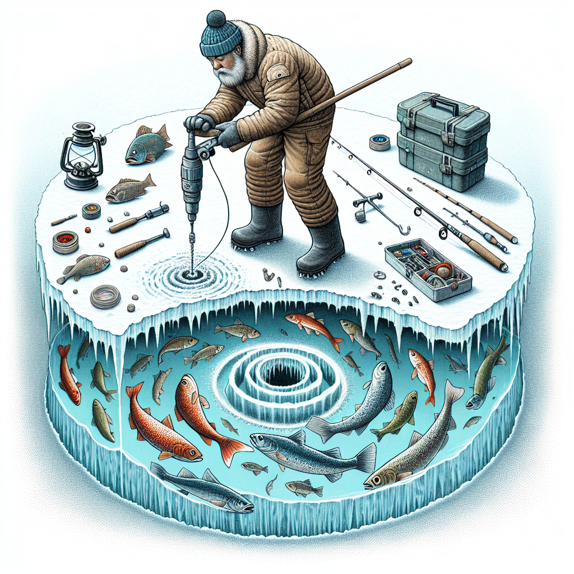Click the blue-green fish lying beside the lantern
coord(147,144)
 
